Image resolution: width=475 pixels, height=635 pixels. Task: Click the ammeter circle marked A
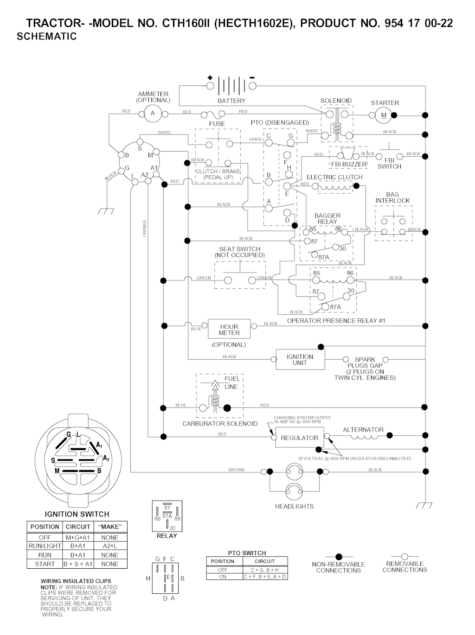click(x=152, y=113)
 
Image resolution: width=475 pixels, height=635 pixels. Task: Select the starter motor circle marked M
click(x=383, y=115)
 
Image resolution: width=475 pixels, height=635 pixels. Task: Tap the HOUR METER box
click(x=229, y=330)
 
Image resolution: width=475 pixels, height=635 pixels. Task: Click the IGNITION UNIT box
click(x=300, y=360)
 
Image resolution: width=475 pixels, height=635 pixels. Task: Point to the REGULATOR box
click(x=299, y=438)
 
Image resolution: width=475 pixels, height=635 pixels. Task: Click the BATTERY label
click(x=231, y=101)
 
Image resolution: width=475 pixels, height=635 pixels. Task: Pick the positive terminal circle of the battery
click(x=210, y=86)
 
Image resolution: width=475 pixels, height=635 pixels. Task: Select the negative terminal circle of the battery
click(x=252, y=86)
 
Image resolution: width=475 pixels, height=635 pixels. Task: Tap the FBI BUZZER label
click(x=348, y=164)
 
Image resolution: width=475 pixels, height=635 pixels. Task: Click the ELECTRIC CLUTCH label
click(x=334, y=177)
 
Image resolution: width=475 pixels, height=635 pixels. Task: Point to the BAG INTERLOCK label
click(x=392, y=197)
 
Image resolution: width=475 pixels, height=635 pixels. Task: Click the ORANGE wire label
click(x=144, y=229)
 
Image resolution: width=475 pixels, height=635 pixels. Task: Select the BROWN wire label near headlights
click(x=236, y=470)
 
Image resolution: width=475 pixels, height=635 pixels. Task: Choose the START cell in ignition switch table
click(x=45, y=564)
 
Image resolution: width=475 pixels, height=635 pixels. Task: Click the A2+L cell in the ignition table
click(x=110, y=546)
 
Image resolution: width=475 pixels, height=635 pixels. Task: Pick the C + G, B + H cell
click(x=264, y=570)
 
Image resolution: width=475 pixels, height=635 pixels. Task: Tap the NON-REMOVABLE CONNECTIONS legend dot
click(x=339, y=556)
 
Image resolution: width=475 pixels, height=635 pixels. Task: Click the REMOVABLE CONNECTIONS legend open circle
click(x=404, y=556)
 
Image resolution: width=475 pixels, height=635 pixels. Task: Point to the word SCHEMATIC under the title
click(x=47, y=37)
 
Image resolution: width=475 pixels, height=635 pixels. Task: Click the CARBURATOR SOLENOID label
click(x=219, y=424)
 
